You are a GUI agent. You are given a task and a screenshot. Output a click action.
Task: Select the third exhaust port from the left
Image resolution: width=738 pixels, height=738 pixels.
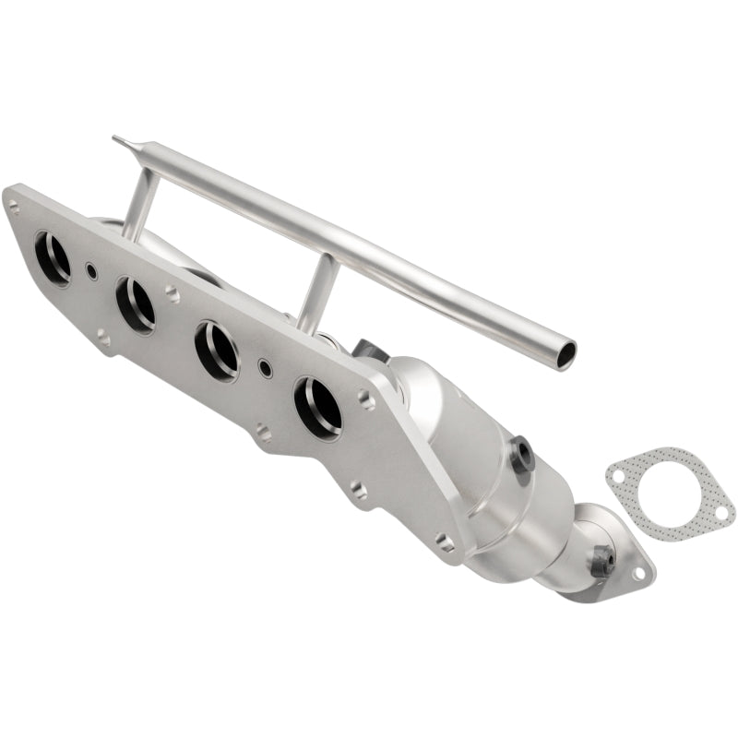tap(218, 351)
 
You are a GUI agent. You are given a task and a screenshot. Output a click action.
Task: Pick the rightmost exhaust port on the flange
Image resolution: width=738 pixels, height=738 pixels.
tap(317, 406)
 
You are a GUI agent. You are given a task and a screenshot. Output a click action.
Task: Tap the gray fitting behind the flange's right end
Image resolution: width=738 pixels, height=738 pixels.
tap(367, 351)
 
